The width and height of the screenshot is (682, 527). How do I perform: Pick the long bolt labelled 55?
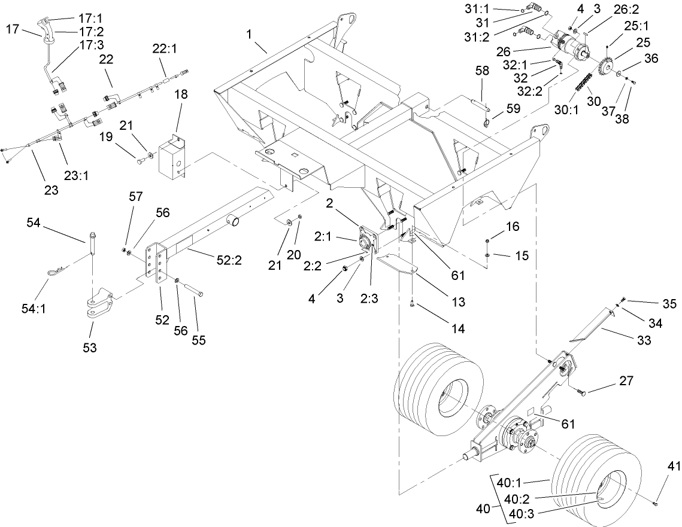pos(191,288)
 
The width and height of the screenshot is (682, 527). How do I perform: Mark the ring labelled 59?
pos(486,124)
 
